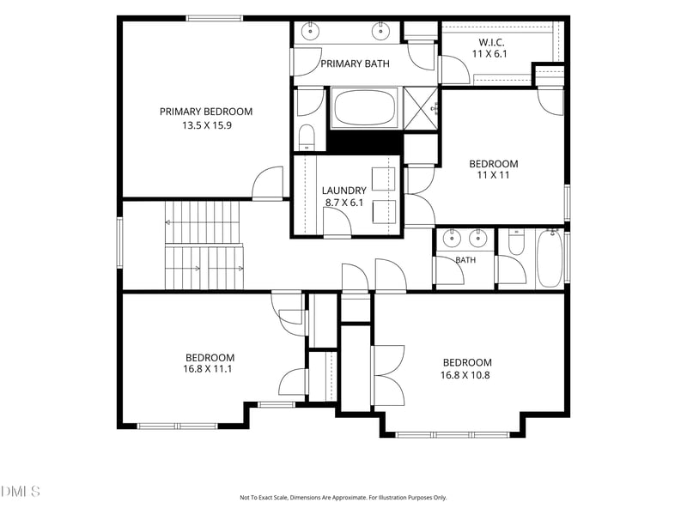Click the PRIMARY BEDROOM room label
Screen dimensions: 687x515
point(206,112)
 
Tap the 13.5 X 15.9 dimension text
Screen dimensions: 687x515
point(207,125)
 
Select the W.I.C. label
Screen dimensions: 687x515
point(491,42)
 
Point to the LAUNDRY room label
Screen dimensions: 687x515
point(344,191)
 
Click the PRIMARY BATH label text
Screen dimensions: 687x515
point(355,64)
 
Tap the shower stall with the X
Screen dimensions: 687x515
point(420,108)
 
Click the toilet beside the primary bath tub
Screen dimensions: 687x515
point(307,137)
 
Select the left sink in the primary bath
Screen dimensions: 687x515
point(311,31)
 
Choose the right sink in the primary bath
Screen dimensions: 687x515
point(380,31)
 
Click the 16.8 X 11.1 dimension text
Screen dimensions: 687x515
point(208,369)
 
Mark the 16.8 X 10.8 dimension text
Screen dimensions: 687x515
point(465,375)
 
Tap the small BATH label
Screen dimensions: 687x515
point(465,260)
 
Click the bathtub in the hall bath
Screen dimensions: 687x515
point(550,258)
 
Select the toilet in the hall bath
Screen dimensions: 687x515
point(517,242)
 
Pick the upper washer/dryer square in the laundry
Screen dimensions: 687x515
point(383,179)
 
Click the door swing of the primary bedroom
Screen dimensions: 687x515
point(268,182)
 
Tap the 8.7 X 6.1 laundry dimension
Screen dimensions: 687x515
point(344,203)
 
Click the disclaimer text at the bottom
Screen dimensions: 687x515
point(343,498)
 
